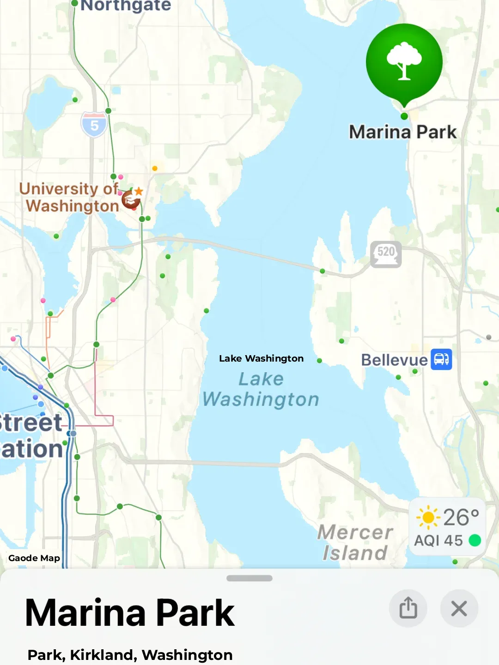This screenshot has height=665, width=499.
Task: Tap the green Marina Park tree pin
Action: click(404, 62)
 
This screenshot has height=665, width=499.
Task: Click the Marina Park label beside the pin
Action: click(402, 132)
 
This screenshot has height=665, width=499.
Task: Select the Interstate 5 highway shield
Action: click(94, 125)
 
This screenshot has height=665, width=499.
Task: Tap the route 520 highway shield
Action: click(386, 254)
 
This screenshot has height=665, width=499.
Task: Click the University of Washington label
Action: click(69, 197)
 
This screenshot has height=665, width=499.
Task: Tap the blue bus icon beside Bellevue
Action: click(441, 359)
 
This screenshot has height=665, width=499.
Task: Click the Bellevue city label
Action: click(394, 360)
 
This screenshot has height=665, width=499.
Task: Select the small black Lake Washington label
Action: click(261, 358)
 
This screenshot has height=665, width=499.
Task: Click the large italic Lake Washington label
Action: click(261, 389)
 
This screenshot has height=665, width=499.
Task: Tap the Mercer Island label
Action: click(355, 543)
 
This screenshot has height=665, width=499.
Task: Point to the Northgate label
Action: click(126, 6)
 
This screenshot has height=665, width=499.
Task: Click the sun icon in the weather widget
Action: click(428, 517)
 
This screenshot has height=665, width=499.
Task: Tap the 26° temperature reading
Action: click(461, 517)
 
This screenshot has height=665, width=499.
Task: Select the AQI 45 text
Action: click(438, 540)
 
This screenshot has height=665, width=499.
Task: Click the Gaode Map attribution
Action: click(34, 558)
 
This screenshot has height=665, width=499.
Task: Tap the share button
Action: click(408, 608)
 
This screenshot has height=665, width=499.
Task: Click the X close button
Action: click(459, 608)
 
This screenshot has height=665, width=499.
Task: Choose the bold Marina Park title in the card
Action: click(130, 613)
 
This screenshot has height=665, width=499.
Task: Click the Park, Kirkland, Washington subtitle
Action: click(130, 655)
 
